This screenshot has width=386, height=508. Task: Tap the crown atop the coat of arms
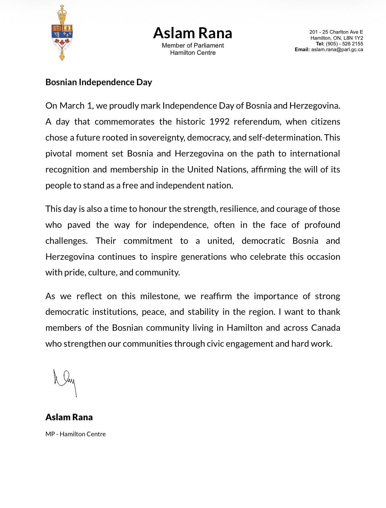(x=62, y=12)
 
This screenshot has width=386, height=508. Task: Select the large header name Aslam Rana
(x=192, y=33)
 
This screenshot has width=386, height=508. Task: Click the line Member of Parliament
(x=193, y=45)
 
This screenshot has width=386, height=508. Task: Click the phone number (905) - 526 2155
(x=345, y=44)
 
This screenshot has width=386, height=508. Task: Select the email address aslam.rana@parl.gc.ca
(x=337, y=50)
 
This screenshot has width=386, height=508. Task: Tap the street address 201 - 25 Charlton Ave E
(x=336, y=32)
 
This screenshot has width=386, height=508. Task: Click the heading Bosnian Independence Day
(x=99, y=82)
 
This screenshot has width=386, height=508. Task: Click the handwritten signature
(x=65, y=382)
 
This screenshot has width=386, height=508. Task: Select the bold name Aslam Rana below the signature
(x=69, y=417)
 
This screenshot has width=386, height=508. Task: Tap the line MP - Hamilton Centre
(x=75, y=434)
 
